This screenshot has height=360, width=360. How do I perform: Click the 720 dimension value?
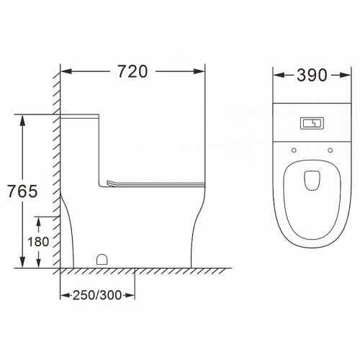click(x=132, y=71)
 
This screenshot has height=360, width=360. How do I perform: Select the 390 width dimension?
click(x=312, y=76)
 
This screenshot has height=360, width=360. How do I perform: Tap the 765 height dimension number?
click(x=22, y=192)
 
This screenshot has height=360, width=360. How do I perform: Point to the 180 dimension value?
click(x=38, y=241)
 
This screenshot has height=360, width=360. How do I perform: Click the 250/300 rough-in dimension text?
click(x=97, y=295)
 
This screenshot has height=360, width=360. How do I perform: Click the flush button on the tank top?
click(x=312, y=124)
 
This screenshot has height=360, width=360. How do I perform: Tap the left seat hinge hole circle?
click(x=294, y=150)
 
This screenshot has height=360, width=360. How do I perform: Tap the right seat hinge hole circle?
click(x=330, y=150)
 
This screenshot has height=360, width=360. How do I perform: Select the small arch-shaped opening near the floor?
click(x=102, y=259)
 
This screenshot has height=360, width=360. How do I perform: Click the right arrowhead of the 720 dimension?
click(x=199, y=71)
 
